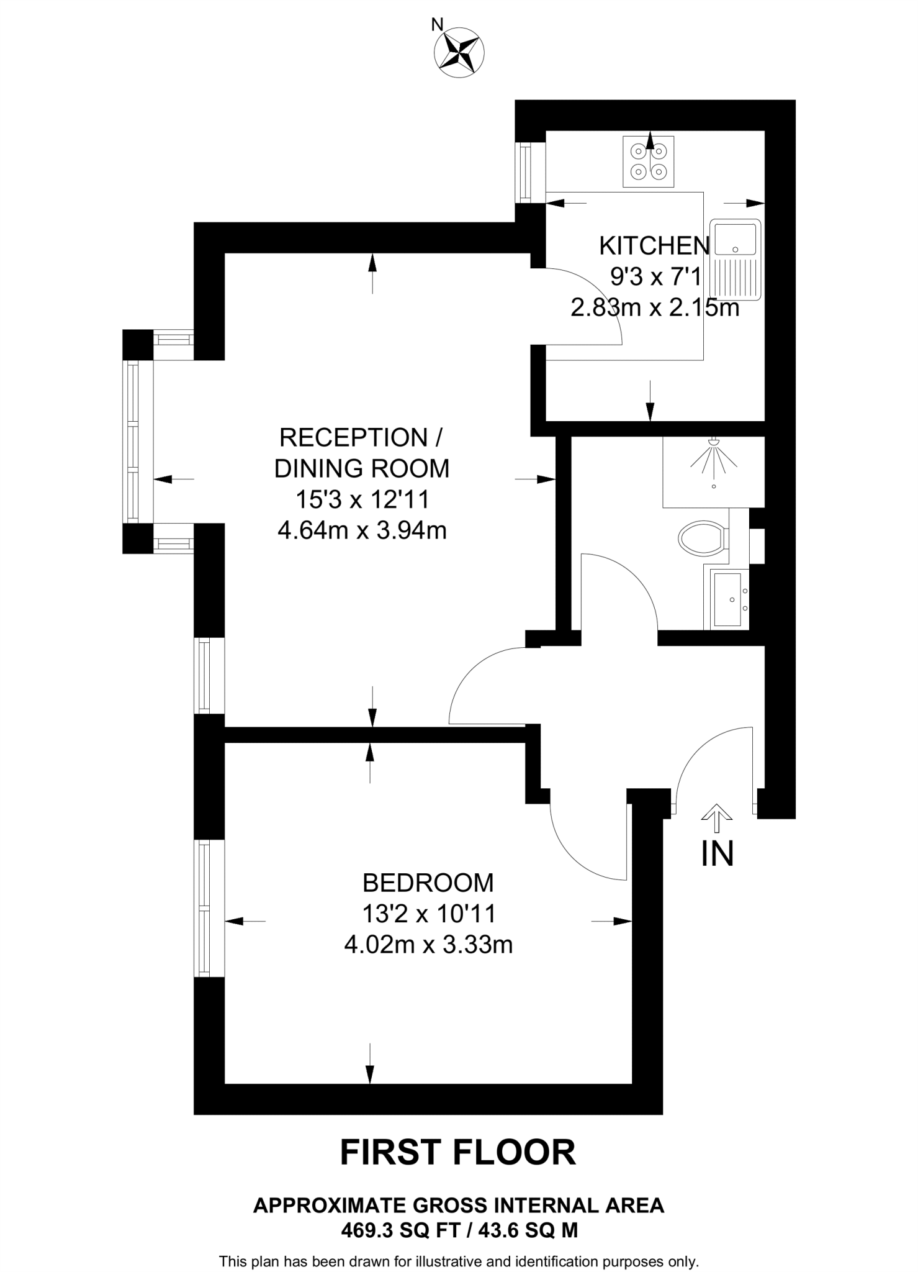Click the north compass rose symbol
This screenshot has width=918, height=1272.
[459, 52]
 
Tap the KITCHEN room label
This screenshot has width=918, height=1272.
[654, 246]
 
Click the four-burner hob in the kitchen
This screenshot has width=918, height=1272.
[648, 161]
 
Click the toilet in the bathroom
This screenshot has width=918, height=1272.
[703, 538]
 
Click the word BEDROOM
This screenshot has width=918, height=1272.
[428, 883]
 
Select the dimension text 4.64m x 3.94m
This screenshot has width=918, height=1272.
[362, 530]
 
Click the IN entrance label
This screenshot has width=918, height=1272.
[717, 854]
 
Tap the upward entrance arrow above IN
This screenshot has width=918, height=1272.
[717, 817]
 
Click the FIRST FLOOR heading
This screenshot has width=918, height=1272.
[458, 1153]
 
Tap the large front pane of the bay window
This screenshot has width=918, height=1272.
[132, 442]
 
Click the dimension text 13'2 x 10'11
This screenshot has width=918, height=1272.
[429, 914]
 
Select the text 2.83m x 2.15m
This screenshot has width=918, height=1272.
[655, 307]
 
